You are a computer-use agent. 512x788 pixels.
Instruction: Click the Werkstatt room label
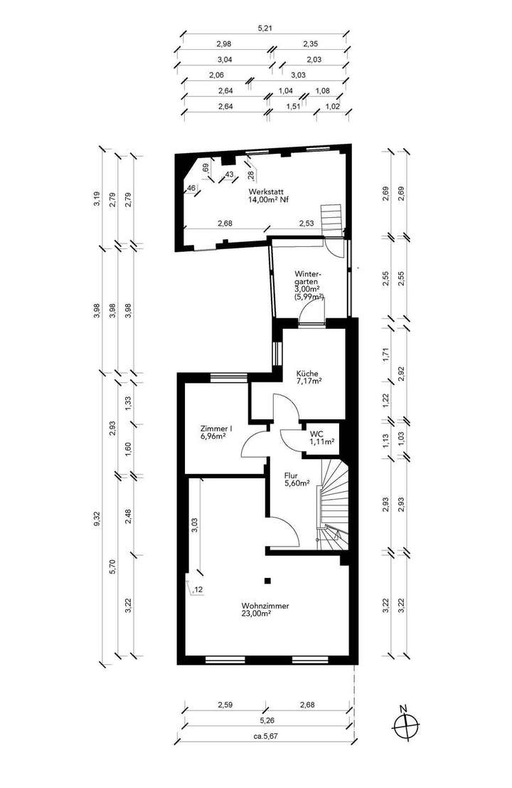(x=263, y=192)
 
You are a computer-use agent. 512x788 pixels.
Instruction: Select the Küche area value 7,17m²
(x=309, y=381)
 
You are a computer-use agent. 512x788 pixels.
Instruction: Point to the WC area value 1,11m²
(x=322, y=442)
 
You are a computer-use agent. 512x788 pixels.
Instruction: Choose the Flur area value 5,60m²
(x=297, y=483)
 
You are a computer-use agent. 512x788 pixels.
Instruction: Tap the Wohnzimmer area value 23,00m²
(x=265, y=613)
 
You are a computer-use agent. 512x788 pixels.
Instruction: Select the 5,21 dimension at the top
(x=264, y=29)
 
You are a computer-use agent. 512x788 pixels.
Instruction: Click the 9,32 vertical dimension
(x=97, y=520)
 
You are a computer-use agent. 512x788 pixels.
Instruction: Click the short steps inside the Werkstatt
(x=331, y=216)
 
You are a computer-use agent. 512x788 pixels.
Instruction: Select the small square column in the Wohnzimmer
(x=268, y=579)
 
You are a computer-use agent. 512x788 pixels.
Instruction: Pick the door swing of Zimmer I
(x=253, y=446)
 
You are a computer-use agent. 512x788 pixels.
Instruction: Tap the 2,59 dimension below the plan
(x=224, y=706)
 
